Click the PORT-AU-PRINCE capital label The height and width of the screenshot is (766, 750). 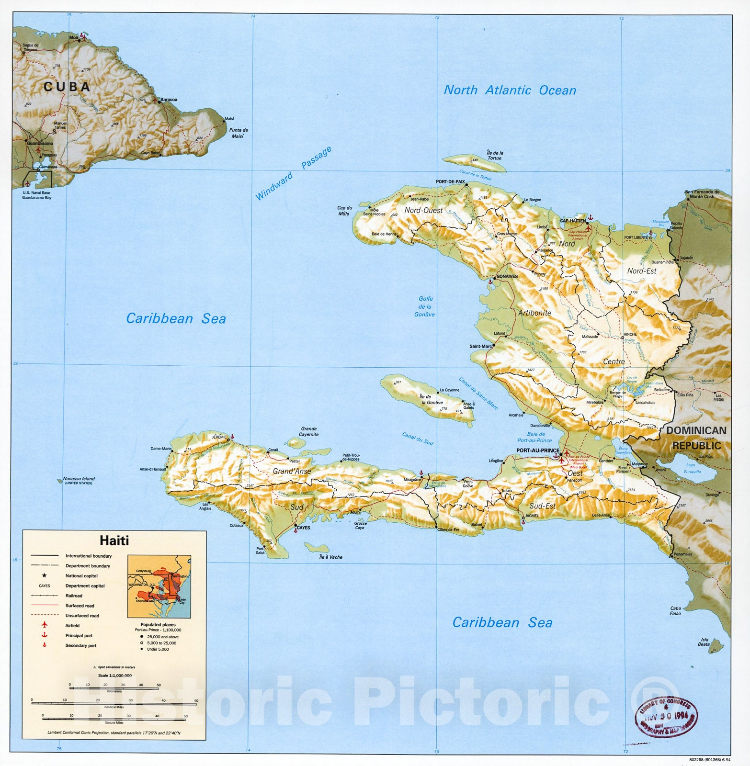pos(537,451)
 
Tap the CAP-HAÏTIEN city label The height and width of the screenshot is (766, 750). pos(572,221)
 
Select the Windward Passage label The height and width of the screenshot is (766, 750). pos(293,173)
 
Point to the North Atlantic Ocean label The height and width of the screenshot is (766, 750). pos(510,90)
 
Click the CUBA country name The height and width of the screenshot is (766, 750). pos(67,87)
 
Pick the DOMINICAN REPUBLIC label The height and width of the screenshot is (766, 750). pos(696,438)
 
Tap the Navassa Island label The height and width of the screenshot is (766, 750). pos(79,479)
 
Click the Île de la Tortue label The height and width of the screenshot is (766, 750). pos(495,155)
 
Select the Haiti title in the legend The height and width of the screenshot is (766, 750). pos(114,541)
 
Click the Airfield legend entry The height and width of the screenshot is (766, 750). pos(72,626)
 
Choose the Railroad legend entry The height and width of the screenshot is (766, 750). pos(74,596)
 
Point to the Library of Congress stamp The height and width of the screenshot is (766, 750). pos(666,716)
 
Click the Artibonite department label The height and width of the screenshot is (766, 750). pos(534,313)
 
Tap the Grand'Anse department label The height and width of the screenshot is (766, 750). pos(292,471)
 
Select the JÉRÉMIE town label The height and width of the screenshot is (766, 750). pos(219,437)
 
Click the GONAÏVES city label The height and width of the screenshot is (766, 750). pos(507,277)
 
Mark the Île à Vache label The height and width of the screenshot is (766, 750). pos(330,557)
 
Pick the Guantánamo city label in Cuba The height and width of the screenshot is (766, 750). pos(40,144)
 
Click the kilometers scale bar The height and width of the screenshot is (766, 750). pos(114,688)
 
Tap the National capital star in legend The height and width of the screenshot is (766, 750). pos(45,575)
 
